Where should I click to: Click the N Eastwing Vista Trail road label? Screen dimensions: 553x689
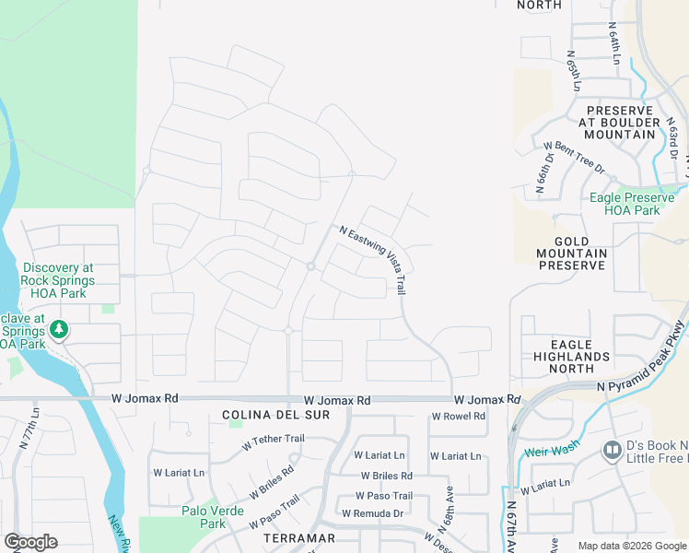point(373,260)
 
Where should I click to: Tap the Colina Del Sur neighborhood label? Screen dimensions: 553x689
point(264,416)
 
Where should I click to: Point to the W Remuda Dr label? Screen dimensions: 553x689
point(373,513)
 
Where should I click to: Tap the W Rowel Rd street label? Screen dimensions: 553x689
point(459,417)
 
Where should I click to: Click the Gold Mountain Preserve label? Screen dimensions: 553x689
point(572,253)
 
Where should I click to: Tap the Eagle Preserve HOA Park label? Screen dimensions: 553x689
point(637,204)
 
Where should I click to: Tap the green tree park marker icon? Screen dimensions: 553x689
point(59,328)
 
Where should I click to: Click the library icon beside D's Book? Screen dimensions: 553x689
point(612,451)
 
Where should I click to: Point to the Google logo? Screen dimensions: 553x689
point(30,542)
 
